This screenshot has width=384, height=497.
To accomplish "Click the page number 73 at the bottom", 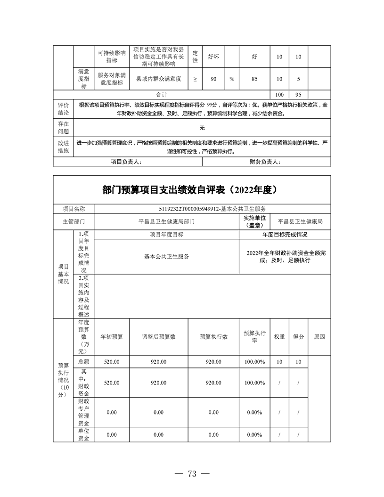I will tap(192, 474).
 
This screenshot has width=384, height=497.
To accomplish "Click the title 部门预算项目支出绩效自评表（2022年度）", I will tap(192, 190).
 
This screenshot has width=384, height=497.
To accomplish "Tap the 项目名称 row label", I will tap(74, 209).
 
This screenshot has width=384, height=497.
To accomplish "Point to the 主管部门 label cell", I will tap(74, 220).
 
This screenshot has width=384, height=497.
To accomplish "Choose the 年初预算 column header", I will tap(112, 337).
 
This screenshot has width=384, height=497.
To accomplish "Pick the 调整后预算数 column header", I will tap(158, 337).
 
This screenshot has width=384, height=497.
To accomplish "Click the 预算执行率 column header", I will tap(254, 337).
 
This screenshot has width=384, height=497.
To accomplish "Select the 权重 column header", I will tap(279, 337).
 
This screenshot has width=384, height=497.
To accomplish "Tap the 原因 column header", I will tap(319, 337).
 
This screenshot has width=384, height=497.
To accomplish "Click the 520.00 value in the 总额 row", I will tap(112, 362).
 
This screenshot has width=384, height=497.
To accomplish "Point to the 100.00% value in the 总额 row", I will tap(254, 362).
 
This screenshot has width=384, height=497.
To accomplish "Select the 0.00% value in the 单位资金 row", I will tap(254, 434).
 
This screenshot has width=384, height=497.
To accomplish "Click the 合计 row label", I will tap(161, 94).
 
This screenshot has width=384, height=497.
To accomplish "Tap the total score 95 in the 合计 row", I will tap(298, 94).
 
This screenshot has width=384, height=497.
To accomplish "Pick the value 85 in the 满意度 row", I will tap(254, 79).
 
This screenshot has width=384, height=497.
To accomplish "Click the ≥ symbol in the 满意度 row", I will tap(196, 79).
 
